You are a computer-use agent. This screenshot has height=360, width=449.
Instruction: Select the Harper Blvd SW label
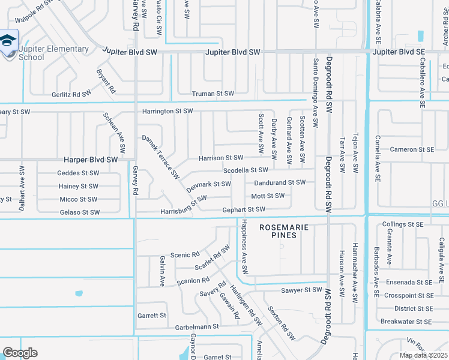[x=91, y=160]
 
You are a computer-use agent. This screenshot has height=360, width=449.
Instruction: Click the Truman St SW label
[x=212, y=94]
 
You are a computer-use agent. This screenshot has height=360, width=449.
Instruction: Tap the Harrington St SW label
[x=167, y=112]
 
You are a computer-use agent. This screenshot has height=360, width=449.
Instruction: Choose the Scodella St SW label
[x=246, y=170]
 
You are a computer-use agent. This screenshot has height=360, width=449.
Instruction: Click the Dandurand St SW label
[x=280, y=182]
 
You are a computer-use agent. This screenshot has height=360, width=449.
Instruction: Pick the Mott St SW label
[x=268, y=196]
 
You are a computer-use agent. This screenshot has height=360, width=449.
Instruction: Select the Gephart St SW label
[x=244, y=209]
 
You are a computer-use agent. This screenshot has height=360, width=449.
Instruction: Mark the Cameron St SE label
[x=412, y=149]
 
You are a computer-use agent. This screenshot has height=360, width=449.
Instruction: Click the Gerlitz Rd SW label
[x=71, y=94]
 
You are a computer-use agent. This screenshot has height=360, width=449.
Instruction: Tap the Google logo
[x=20, y=353]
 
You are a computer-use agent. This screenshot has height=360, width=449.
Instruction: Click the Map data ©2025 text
[x=423, y=355]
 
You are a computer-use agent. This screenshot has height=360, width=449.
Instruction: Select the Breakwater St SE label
[x=407, y=322]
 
